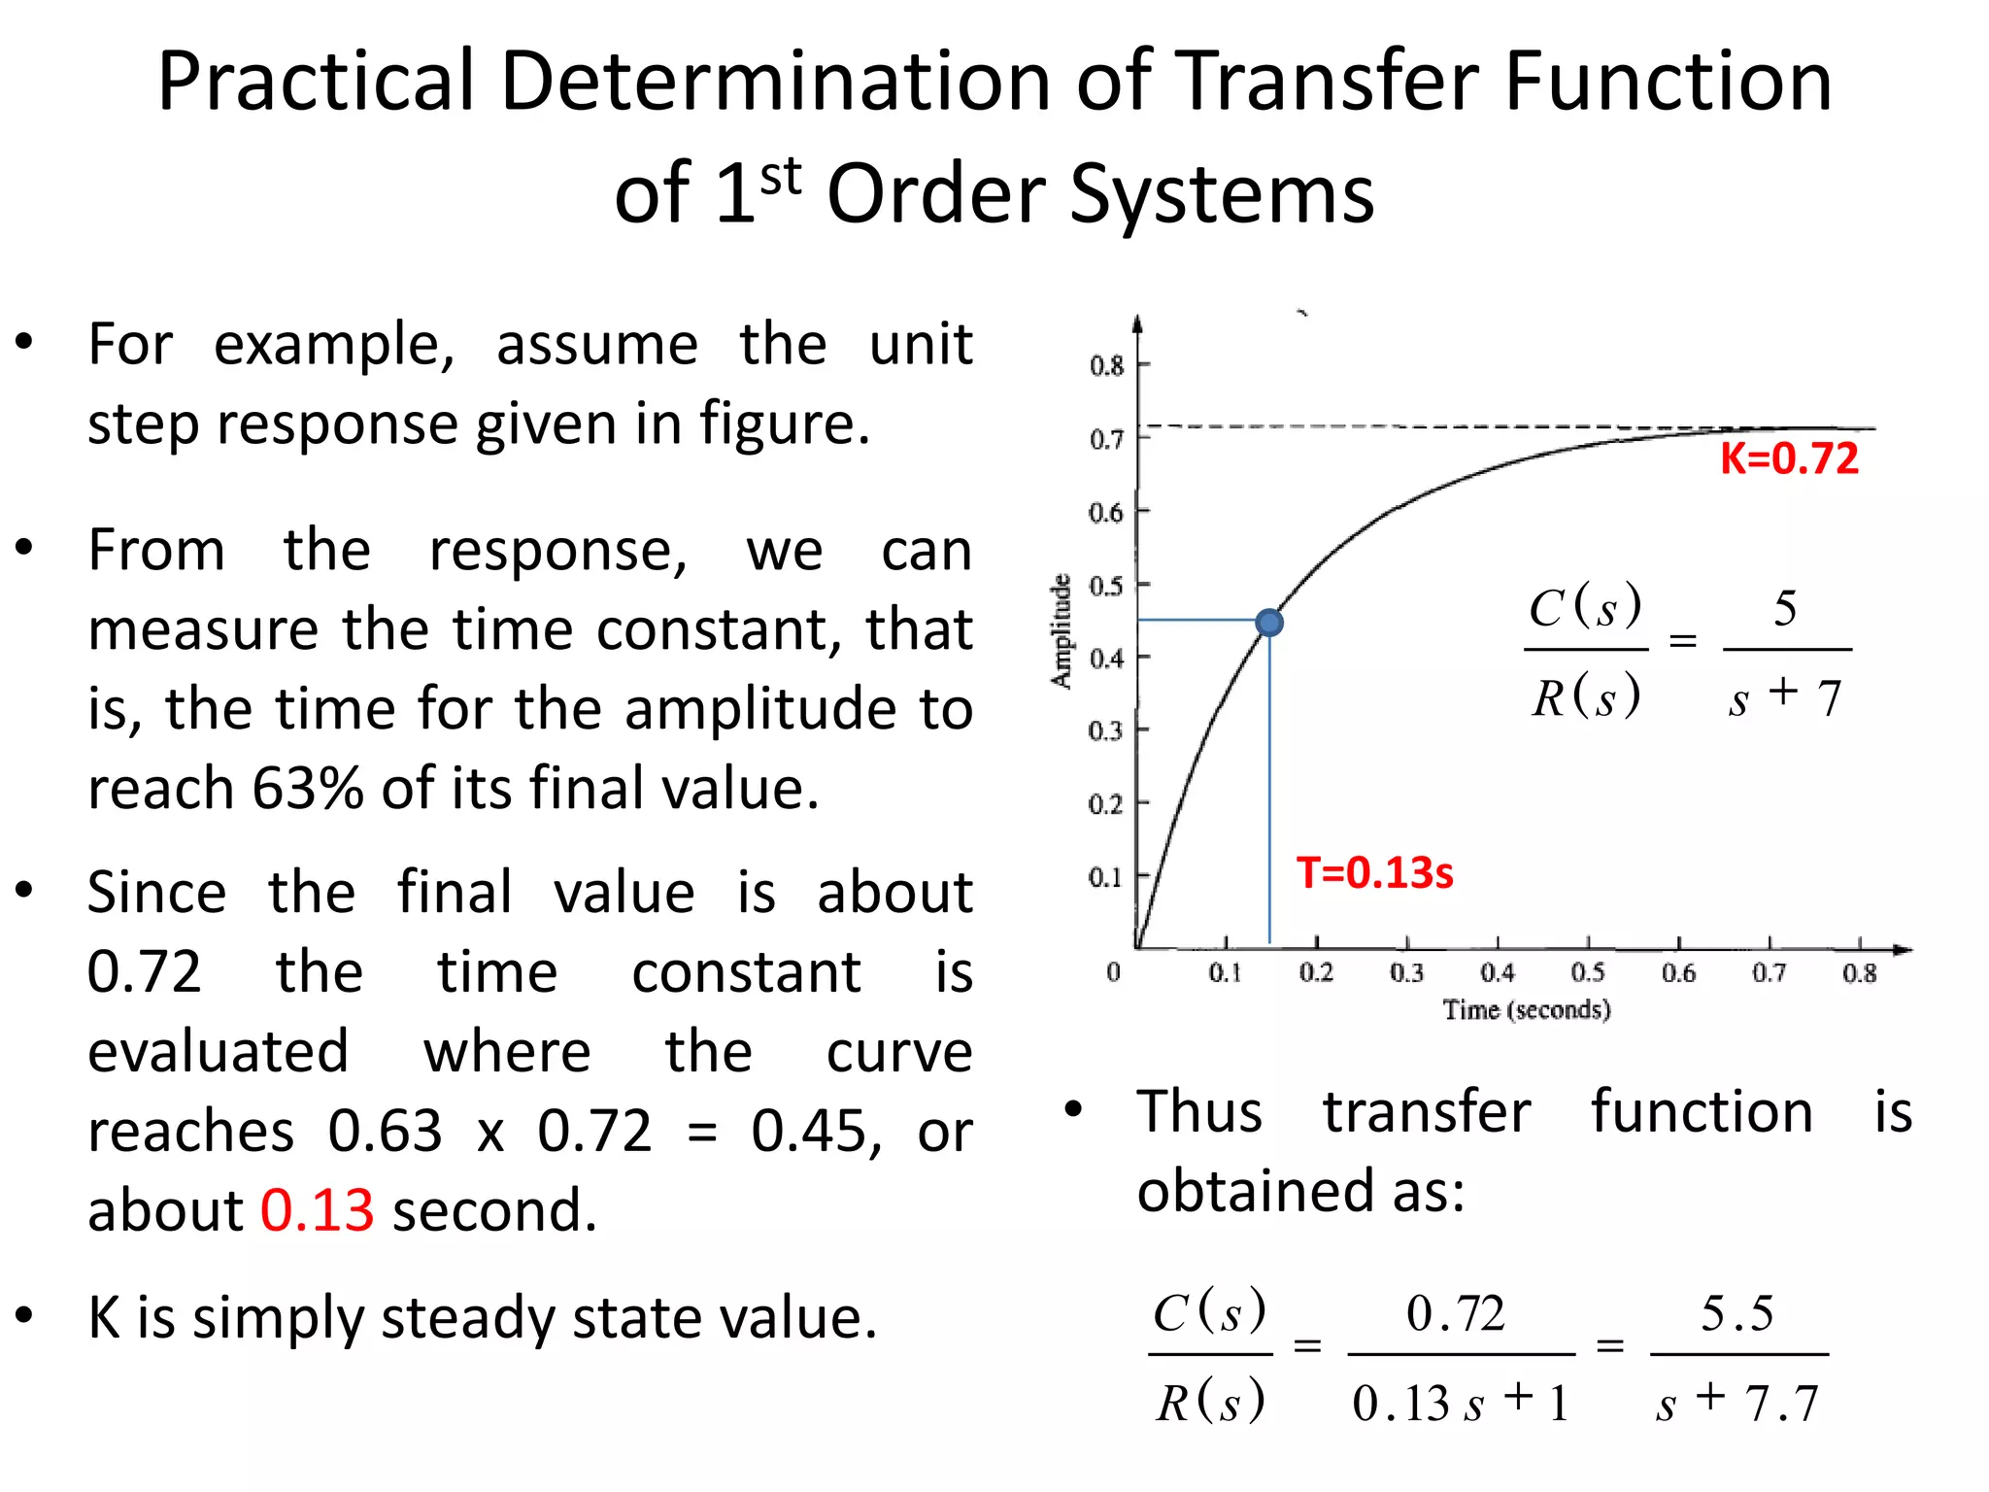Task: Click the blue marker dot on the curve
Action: coord(1268,623)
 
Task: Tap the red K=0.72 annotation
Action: coord(1789,458)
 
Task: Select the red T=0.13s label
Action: coord(1374,872)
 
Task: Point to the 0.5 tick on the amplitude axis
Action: coord(1106,586)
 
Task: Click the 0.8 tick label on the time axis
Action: coord(1859,972)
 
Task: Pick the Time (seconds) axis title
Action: coord(1527,1010)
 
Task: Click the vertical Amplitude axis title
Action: coord(1062,631)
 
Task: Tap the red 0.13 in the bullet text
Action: coord(317,1210)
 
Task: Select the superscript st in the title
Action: coord(781,177)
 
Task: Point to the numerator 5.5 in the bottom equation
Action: coord(1736,1313)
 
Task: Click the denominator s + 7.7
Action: coord(1736,1403)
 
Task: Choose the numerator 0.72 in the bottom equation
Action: coord(1456,1313)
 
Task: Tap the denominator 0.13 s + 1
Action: coord(1460,1403)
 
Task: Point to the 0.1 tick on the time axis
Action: coord(1225,972)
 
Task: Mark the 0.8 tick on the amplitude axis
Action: coord(1106,366)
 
